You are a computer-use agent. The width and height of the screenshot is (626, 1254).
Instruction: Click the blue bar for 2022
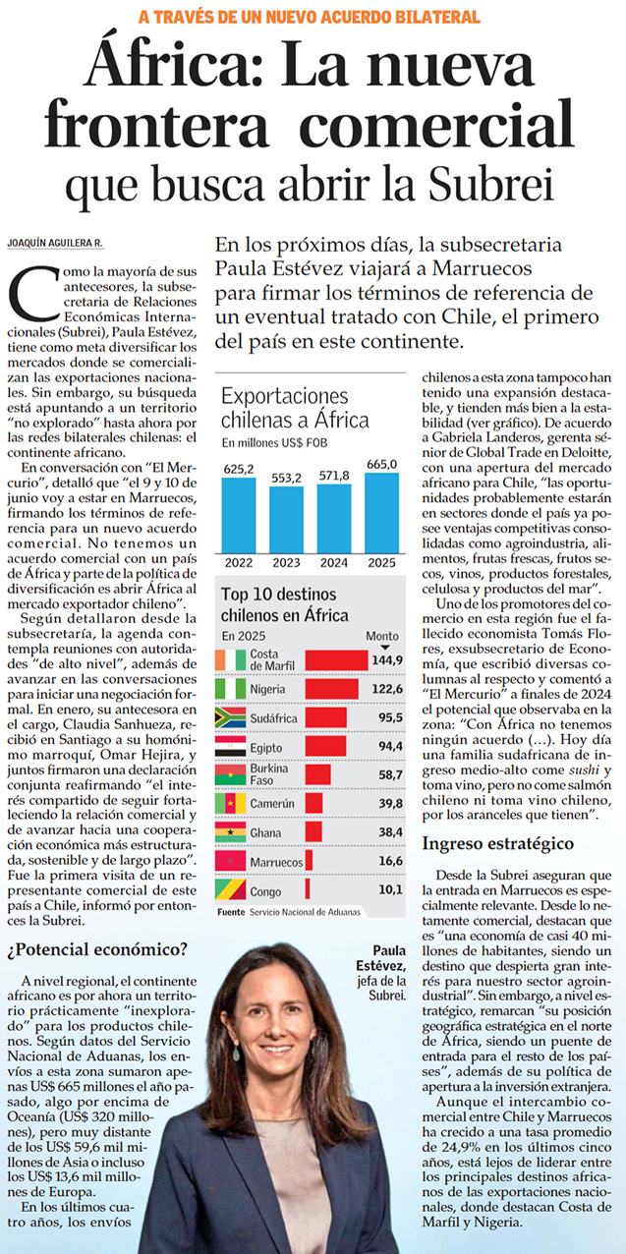(x=239, y=515)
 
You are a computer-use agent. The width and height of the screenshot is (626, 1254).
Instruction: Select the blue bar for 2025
(x=382, y=513)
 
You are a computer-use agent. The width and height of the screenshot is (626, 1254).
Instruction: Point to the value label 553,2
(x=286, y=478)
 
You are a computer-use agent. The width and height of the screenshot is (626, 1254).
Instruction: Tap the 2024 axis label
(x=334, y=562)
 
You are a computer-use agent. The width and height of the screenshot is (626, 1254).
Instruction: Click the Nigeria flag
(x=231, y=689)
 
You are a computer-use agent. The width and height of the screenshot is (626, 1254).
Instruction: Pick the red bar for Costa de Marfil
(x=336, y=660)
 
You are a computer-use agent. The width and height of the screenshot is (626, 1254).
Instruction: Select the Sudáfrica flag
(x=231, y=717)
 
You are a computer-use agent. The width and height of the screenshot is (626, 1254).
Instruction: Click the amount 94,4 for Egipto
(x=390, y=746)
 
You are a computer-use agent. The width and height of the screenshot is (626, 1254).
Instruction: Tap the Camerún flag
(x=231, y=803)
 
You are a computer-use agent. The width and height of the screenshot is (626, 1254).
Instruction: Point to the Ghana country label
(x=265, y=833)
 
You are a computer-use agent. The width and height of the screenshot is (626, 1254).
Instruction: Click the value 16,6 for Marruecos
(x=390, y=861)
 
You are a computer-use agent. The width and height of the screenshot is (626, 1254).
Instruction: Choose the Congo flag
(x=231, y=889)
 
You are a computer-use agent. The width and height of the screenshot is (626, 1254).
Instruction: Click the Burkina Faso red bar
(x=318, y=774)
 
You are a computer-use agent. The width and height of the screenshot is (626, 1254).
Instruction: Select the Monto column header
(x=382, y=636)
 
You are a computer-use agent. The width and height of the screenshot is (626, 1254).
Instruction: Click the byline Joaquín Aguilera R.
(x=55, y=243)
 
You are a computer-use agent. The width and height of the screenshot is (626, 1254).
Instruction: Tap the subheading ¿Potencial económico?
(x=97, y=949)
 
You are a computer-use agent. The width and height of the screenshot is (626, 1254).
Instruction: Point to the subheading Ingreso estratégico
(x=498, y=843)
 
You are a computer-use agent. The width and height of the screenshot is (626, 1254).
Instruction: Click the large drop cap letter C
(x=34, y=294)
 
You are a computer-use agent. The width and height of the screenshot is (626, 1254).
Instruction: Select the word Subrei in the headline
(x=491, y=184)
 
